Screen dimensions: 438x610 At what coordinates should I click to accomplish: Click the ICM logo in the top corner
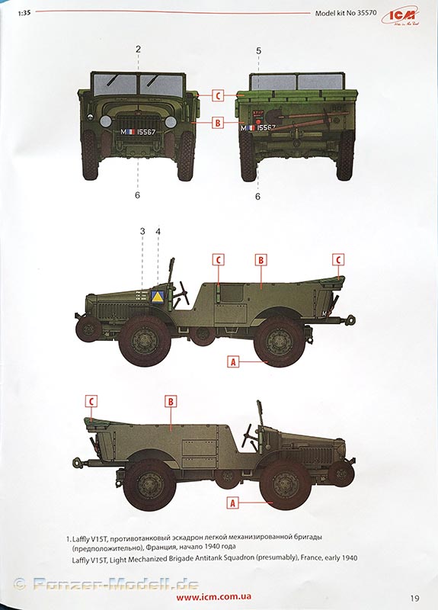click(x=400, y=16)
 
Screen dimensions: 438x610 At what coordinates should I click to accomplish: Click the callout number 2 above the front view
click(x=138, y=50)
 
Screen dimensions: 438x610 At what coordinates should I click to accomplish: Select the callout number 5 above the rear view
click(x=259, y=51)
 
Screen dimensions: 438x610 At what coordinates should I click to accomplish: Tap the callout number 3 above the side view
click(x=142, y=231)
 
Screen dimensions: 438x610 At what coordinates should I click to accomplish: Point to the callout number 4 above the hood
click(x=158, y=232)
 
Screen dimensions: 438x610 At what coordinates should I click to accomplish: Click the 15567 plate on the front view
click(x=138, y=132)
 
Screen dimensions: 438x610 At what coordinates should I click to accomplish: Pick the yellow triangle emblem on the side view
click(x=157, y=297)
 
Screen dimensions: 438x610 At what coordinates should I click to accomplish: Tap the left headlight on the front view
click(x=106, y=122)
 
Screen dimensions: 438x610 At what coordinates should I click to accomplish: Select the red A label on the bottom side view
click(x=233, y=503)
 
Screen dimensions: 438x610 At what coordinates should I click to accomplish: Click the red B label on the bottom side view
click(x=171, y=402)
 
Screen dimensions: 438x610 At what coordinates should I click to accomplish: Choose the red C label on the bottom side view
click(x=91, y=401)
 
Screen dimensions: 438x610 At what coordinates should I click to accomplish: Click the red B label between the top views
click(x=218, y=123)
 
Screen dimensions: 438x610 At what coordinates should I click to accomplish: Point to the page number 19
click(x=414, y=598)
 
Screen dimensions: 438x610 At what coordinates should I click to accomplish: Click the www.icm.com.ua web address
click(x=213, y=596)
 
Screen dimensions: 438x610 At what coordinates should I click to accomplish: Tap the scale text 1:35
click(x=24, y=13)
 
